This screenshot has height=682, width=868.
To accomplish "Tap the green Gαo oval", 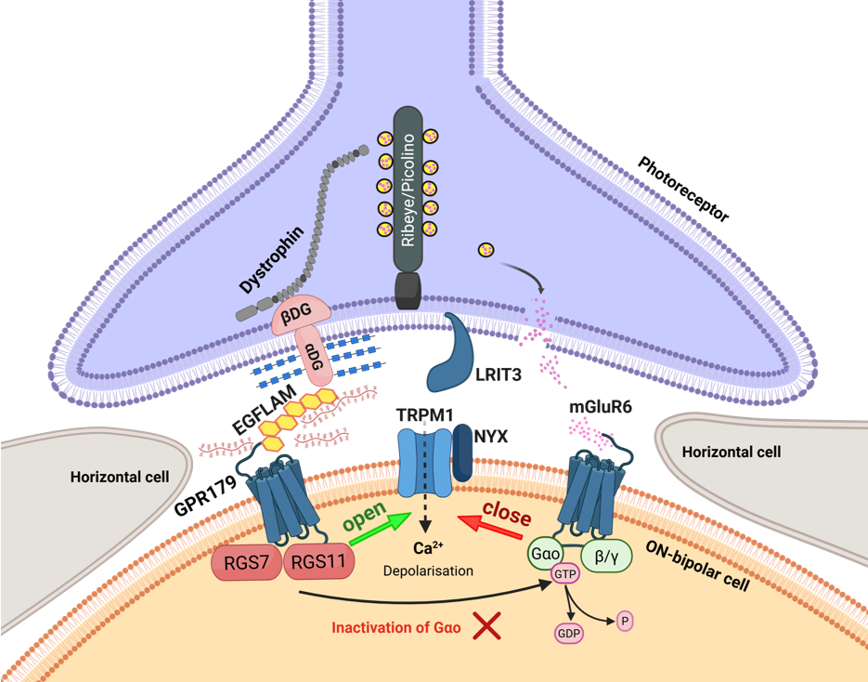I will click(546, 555).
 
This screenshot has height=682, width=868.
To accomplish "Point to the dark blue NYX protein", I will click(461, 455).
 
